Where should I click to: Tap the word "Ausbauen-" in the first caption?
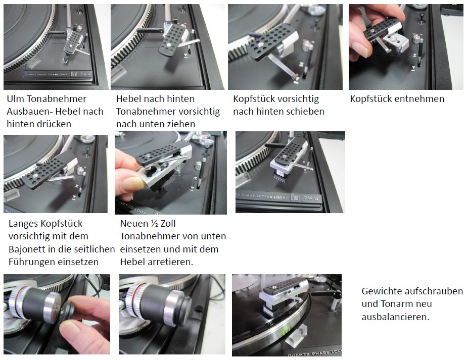tap(30, 111)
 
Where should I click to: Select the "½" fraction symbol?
tap(154, 223)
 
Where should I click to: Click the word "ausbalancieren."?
tap(396, 317)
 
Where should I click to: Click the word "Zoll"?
tap(168, 223)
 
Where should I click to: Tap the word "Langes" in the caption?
tap(23, 224)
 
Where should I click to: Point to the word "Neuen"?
tap(134, 223)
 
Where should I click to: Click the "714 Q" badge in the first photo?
tap(85, 74)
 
